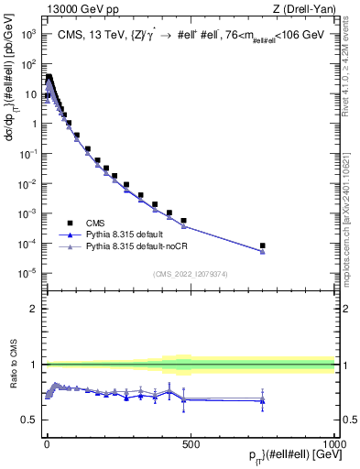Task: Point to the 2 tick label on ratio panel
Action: [x=33, y=309]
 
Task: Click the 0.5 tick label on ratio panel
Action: [x=29, y=420]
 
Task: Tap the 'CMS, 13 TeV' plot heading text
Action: [x=174, y=35]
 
